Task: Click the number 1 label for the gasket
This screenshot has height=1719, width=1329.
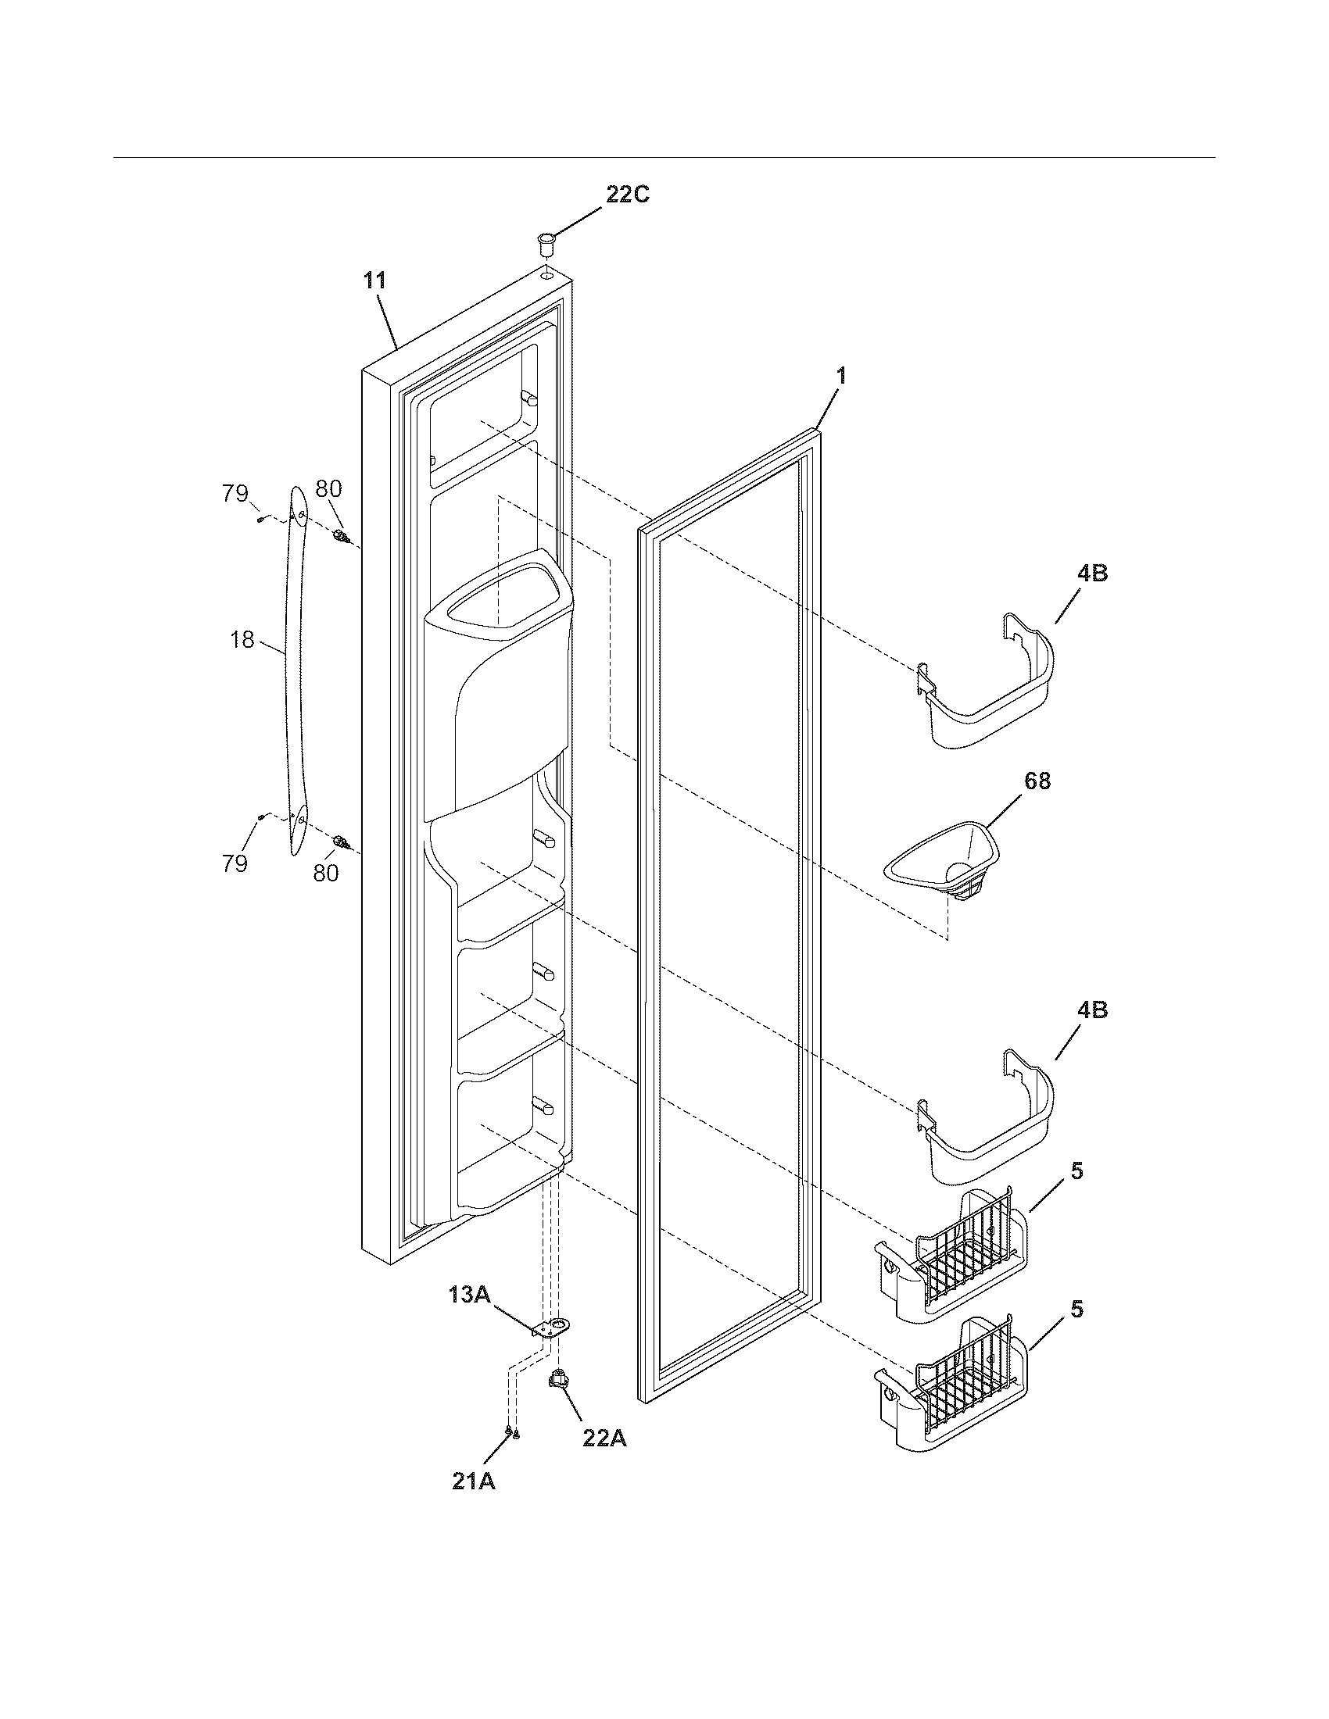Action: click(840, 377)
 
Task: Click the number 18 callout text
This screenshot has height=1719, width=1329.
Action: click(242, 640)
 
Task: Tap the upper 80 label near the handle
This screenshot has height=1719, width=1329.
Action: click(328, 489)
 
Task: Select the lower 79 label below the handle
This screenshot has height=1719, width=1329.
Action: click(235, 864)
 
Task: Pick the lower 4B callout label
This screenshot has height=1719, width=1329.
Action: click(1091, 1010)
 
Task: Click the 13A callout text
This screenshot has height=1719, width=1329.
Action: click(470, 1295)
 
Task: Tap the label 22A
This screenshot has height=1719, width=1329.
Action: click(604, 1438)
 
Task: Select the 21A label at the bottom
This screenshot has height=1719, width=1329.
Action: click(473, 1481)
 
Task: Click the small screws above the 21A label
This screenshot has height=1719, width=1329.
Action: click(511, 1431)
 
